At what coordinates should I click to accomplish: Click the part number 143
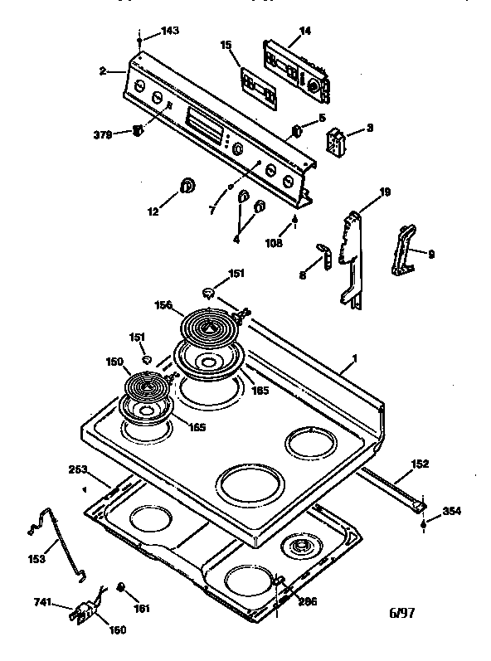click(x=169, y=31)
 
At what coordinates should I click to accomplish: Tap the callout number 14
click(x=305, y=31)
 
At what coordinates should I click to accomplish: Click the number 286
click(x=308, y=601)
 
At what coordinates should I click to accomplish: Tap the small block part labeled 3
click(x=336, y=142)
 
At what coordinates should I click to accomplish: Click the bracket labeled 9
click(x=404, y=250)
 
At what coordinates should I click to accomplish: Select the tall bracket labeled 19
click(x=353, y=257)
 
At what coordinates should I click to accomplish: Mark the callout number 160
click(x=117, y=630)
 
